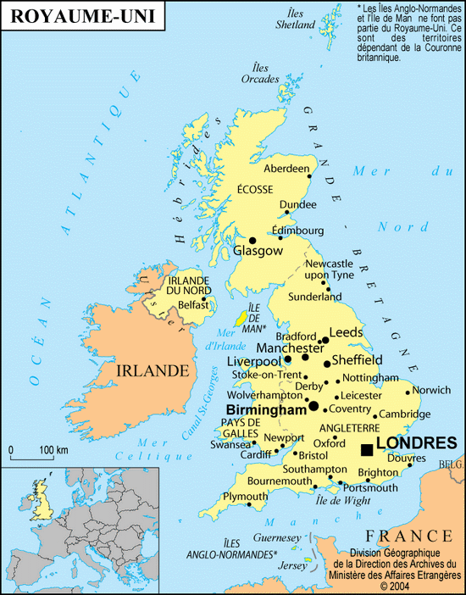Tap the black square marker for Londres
click(366, 449)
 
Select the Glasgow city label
click(258, 251)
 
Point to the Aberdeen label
click(287, 169)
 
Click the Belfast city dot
click(204, 298)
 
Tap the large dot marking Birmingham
click(313, 406)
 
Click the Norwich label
click(431, 391)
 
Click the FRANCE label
click(409, 536)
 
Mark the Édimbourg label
click(297, 231)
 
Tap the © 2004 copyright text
click(396, 585)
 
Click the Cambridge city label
click(405, 414)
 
